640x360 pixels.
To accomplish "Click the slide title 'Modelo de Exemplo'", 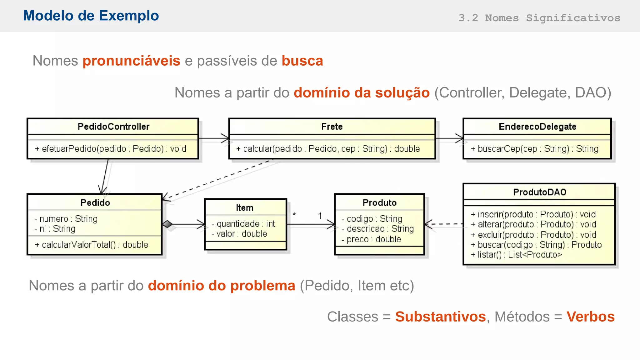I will tap(91, 16).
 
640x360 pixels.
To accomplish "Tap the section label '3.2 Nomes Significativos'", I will tap(539, 18).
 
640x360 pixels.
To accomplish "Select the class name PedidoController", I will tap(113, 127).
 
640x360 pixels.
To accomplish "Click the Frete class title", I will tap(332, 127).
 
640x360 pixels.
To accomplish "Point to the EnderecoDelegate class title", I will tap(537, 127).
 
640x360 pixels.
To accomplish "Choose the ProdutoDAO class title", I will tap(539, 192).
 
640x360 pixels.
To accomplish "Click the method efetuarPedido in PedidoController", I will tap(111, 149).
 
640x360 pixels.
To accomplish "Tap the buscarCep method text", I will tap(535, 149).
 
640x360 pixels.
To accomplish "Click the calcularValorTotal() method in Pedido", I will tap(92, 245).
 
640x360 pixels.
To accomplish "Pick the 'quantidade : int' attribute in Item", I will tap(243, 224).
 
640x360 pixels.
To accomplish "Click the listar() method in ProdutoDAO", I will tap(516, 255).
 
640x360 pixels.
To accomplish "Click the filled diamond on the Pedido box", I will tap(167, 224).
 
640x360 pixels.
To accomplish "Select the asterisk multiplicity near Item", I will tap(294, 215).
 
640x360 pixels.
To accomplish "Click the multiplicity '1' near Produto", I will tap(320, 216).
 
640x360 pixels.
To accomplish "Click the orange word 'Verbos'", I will tap(590, 317).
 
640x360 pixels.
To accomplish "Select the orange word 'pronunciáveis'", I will tap(131, 61).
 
